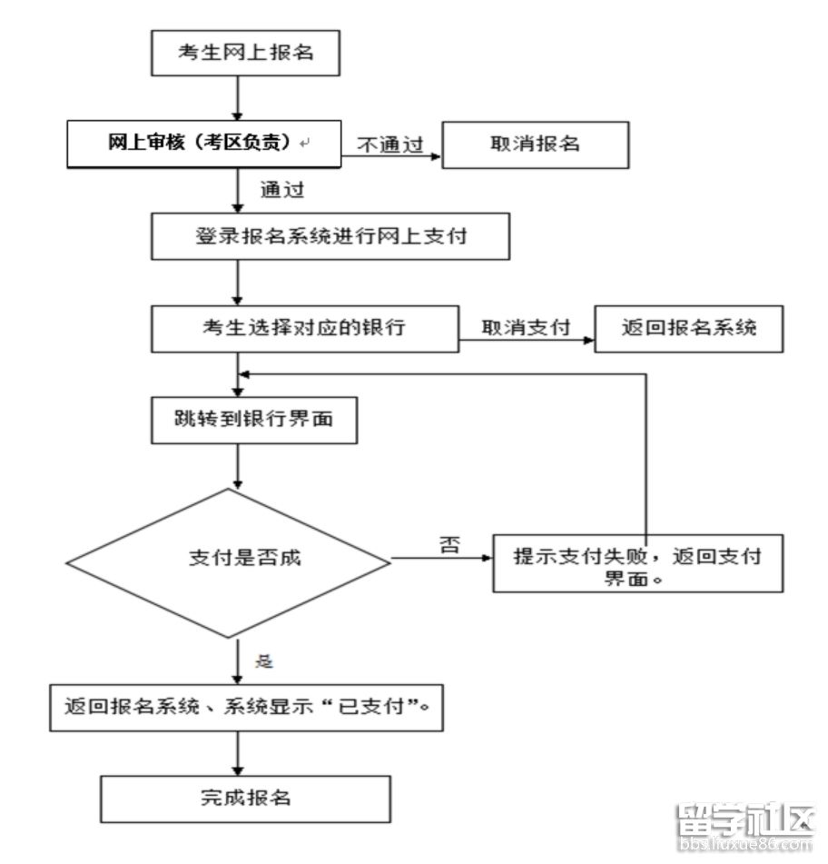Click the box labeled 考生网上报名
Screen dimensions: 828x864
coord(245,53)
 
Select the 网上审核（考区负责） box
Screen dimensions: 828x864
coord(203,144)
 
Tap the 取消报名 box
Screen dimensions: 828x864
coord(535,145)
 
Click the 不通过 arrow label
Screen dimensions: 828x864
coord(390,144)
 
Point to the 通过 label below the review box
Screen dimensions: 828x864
coord(282,189)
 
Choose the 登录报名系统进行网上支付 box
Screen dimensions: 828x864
coord(330,236)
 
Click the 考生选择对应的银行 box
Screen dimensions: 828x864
coord(304,328)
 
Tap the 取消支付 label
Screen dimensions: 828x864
coord(526,327)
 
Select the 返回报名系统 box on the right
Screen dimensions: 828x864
coord(689,328)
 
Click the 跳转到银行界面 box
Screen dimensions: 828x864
coord(254,420)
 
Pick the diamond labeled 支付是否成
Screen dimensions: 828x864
coord(229,563)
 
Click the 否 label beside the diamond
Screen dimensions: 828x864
coord(449,545)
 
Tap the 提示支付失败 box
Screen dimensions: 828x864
coord(637,563)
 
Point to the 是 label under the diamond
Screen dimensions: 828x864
coord(264,661)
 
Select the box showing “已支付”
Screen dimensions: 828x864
coord(246,708)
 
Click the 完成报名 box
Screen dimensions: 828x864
coord(245,799)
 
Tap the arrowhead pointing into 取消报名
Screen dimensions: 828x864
coord(437,156)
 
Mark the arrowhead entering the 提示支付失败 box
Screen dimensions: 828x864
coord(488,558)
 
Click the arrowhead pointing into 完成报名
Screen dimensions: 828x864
coord(238,770)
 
